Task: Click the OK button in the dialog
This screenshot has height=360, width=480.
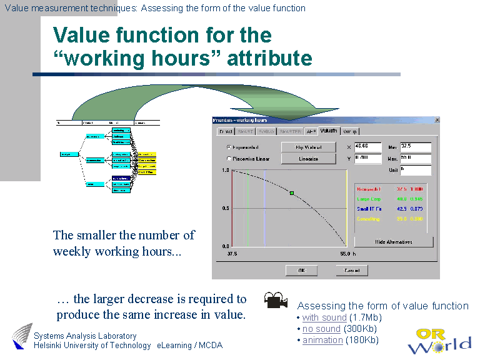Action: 301,271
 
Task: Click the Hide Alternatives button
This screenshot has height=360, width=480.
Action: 393,242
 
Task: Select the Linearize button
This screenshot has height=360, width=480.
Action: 305,159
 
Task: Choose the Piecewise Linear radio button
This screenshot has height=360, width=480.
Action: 229,159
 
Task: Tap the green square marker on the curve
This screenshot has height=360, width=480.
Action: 292,194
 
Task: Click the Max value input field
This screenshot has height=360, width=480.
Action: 416,159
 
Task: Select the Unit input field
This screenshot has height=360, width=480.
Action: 416,170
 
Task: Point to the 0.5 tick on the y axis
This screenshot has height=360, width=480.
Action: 226,208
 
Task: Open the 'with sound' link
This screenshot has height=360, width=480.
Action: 324,317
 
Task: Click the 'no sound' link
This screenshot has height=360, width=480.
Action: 321,329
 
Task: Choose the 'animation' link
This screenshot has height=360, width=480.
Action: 322,340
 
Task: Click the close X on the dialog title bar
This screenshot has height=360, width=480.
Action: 437,119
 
